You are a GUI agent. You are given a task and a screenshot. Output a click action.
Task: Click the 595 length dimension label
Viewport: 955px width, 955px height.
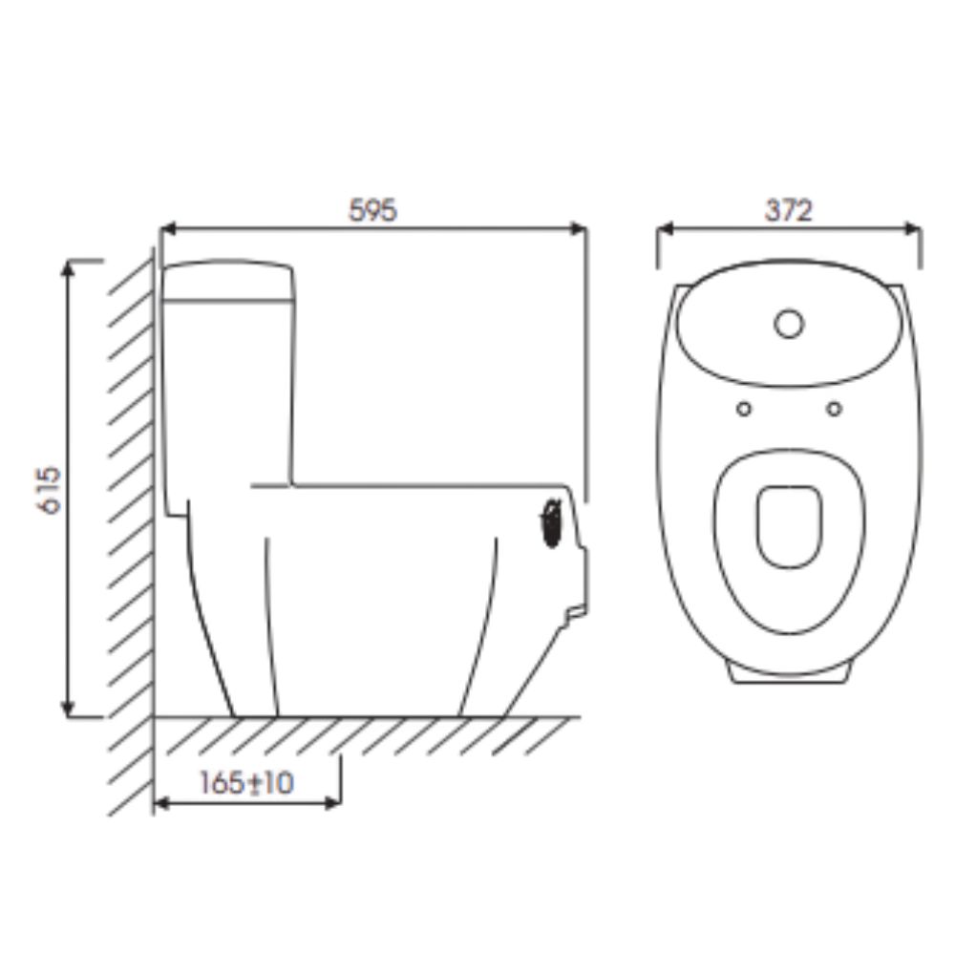(x=371, y=211)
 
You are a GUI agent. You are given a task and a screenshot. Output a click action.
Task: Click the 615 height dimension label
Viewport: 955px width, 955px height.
(x=50, y=489)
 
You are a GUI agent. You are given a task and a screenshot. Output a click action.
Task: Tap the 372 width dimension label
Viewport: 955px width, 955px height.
(x=788, y=211)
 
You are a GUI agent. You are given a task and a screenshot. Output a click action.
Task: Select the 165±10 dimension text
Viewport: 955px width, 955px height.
(x=246, y=783)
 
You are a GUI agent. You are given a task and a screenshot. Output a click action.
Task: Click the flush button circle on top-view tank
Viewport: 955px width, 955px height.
(x=789, y=325)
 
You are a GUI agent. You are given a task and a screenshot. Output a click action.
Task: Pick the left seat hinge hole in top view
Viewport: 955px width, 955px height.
(x=744, y=409)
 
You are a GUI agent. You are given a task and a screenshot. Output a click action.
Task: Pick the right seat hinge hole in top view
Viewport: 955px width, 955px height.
(x=834, y=409)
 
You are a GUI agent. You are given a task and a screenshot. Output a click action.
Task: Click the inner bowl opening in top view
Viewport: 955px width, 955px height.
(x=789, y=526)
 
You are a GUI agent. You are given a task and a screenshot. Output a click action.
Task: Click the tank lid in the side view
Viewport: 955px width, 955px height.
(x=227, y=278)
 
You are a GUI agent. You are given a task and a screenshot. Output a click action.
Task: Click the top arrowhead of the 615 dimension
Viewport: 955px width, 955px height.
(x=68, y=266)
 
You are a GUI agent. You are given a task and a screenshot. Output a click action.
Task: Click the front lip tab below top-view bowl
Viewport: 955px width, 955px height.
(x=789, y=674)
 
